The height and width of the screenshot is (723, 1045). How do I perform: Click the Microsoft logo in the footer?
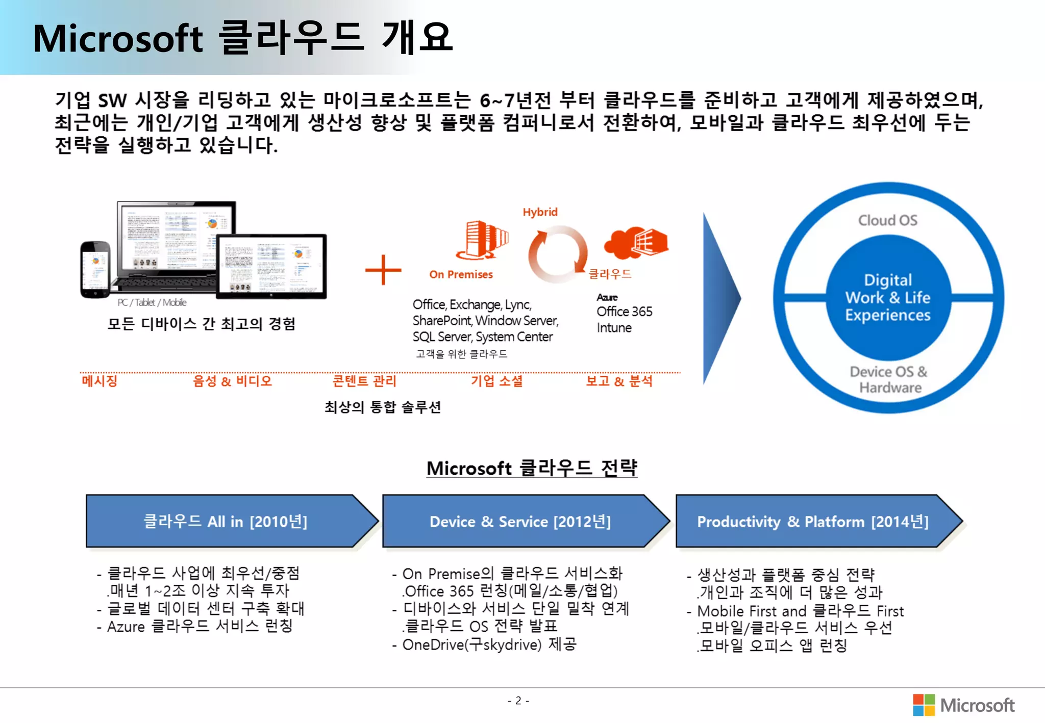tap(963, 705)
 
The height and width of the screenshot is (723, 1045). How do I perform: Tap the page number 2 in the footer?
tap(518, 701)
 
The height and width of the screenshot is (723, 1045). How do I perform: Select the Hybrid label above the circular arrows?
tap(540, 212)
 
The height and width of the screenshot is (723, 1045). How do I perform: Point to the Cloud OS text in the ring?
tap(887, 220)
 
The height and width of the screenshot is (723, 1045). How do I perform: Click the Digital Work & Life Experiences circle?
tap(888, 297)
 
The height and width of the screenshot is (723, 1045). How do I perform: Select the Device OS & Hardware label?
tap(889, 379)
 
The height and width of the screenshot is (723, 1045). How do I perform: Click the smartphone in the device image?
tap(95, 269)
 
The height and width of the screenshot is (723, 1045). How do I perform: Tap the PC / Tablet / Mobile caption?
tap(152, 302)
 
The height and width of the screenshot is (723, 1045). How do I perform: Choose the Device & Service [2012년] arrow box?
tap(520, 522)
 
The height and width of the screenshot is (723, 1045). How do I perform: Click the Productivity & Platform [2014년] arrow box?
tap(813, 522)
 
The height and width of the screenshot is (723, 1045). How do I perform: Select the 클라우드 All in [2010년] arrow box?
tap(226, 522)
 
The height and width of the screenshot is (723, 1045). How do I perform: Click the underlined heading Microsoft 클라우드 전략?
tap(532, 468)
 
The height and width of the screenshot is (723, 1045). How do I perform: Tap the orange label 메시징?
tap(99, 381)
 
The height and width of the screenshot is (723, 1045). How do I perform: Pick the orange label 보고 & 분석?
tap(619, 381)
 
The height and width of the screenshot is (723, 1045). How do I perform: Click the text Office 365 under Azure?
tap(625, 312)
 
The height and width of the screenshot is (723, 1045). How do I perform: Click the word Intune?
tap(614, 328)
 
